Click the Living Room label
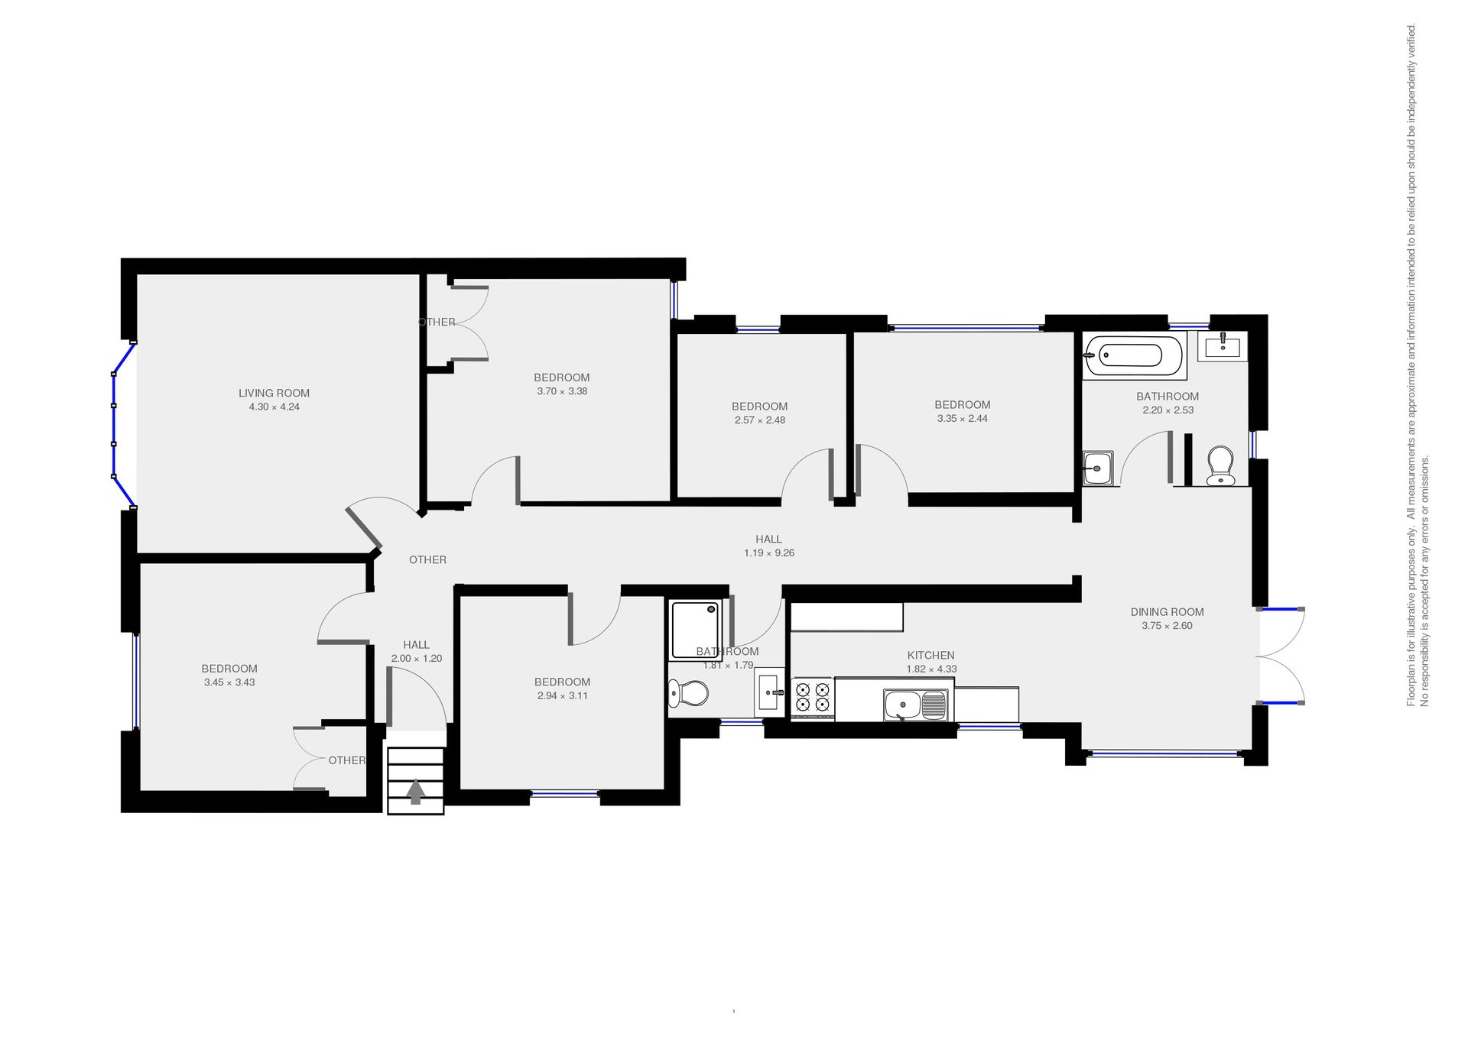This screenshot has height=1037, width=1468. tap(274, 394)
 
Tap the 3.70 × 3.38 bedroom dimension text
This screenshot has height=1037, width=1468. tap(562, 391)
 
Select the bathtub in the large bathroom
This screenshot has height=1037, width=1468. tap(1135, 355)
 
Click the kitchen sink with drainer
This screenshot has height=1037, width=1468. tap(915, 705)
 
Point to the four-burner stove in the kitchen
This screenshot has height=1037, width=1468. tap(812, 698)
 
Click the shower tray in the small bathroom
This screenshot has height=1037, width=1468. tap(696, 630)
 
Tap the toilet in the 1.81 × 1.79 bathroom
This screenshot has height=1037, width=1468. tap(688, 694)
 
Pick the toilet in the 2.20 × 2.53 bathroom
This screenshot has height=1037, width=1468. tap(1220, 466)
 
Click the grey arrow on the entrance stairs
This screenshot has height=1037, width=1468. tap(415, 791)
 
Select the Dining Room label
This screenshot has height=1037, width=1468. tap(1167, 612)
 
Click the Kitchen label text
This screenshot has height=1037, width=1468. tap(930, 656)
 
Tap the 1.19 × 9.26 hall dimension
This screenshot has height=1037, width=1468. tap(769, 553)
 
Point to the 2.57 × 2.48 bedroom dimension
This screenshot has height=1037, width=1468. tap(759, 420)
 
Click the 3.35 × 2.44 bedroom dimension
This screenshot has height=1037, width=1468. tap(962, 419)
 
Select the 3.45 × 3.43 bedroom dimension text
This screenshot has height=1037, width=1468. tap(229, 682)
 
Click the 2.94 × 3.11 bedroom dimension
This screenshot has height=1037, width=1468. tap(562, 696)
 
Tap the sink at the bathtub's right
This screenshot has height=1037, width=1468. tap(1222, 346)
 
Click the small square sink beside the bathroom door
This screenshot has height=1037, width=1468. tap(1098, 468)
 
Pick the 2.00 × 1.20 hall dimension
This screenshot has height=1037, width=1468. tap(417, 659)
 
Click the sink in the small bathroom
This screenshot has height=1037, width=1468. tap(769, 692)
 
